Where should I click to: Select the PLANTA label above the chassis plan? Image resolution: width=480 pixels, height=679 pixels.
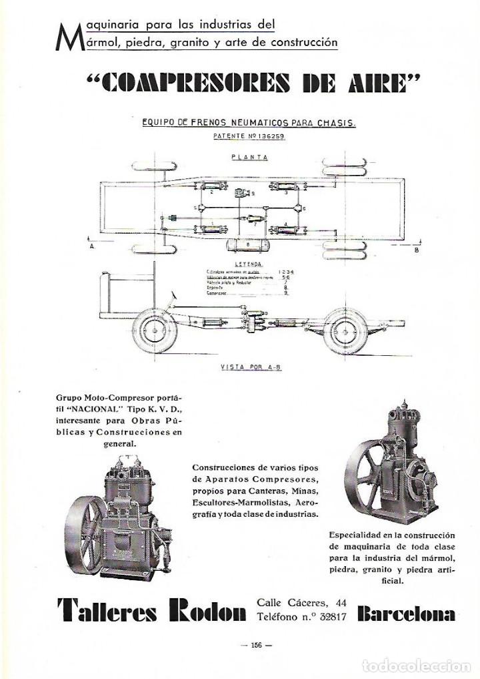tap(249, 158)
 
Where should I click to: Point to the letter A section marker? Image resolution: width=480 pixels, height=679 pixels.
tap(91, 246)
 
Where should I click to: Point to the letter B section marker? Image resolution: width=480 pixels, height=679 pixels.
tap(417, 250)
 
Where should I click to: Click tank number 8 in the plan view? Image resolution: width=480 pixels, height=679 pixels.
tap(248, 245)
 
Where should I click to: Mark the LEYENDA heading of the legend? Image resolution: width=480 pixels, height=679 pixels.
tap(247, 264)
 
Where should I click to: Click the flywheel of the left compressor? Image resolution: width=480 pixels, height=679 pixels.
tap(85, 531)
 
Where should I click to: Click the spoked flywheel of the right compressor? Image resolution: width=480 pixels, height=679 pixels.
tap(367, 467)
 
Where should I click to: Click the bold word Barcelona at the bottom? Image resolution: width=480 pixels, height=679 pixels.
tap(406, 612)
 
